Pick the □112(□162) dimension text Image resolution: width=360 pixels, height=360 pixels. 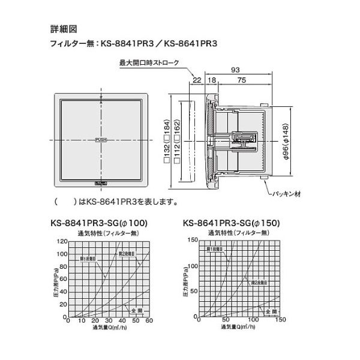point(175,140)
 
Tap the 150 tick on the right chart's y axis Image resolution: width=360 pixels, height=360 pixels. point(194,240)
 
